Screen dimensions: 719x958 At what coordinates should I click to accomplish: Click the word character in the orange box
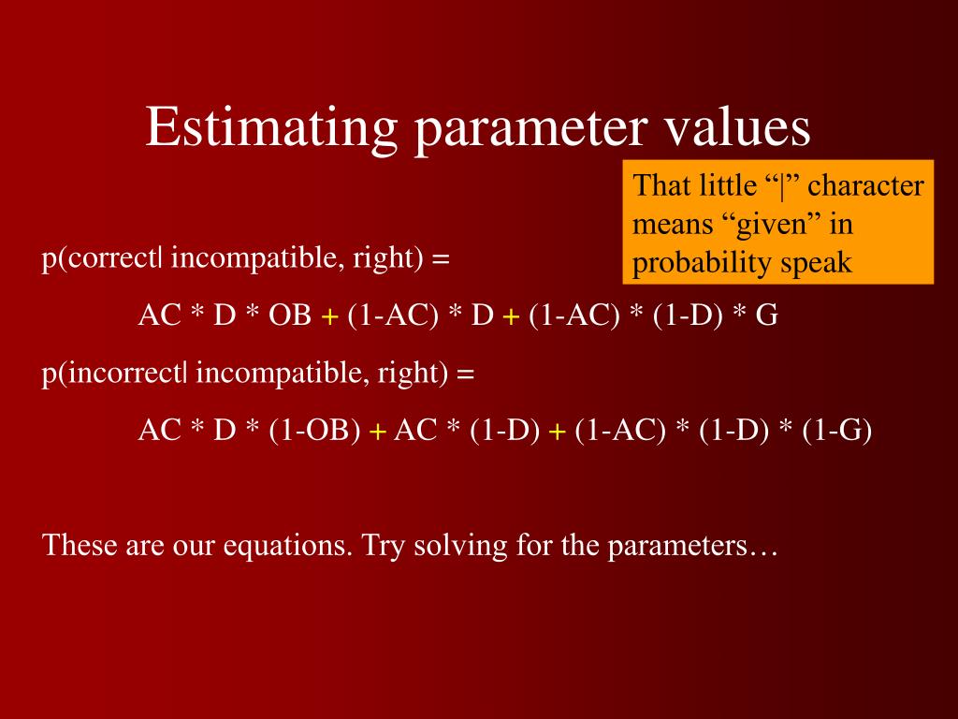[x=865, y=185]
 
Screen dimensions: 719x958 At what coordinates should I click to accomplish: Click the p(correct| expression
[x=102, y=258]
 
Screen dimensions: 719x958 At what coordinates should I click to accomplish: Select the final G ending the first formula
[x=766, y=315]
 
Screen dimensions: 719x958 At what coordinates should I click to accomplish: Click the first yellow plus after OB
[x=329, y=317]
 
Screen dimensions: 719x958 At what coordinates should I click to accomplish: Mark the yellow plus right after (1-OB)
[x=377, y=432]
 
